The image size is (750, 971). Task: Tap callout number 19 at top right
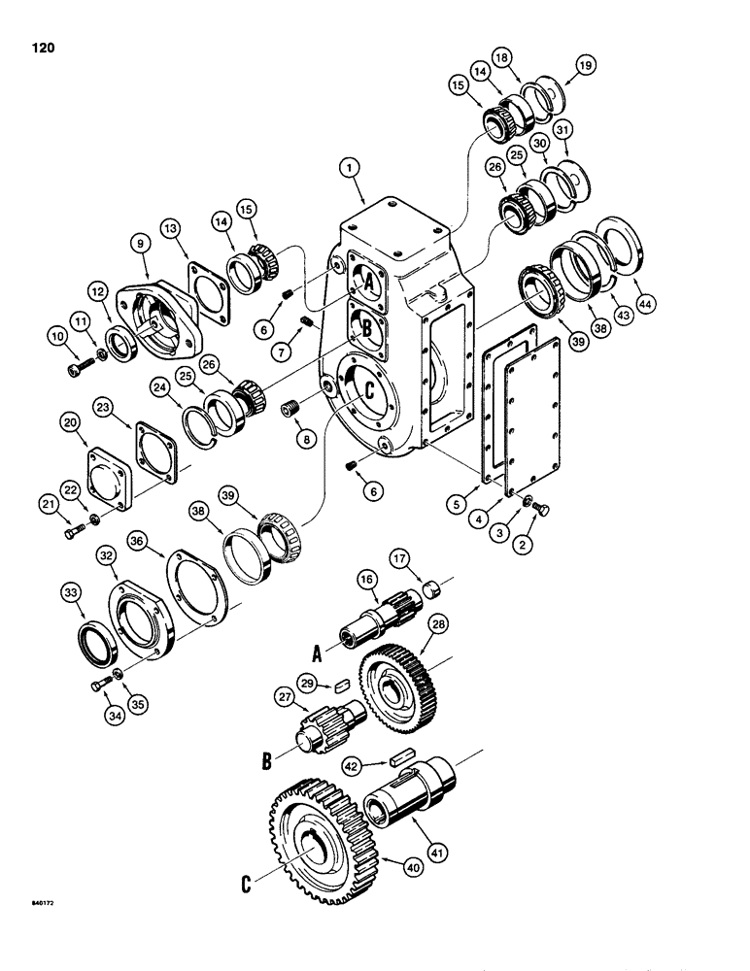(585, 66)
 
